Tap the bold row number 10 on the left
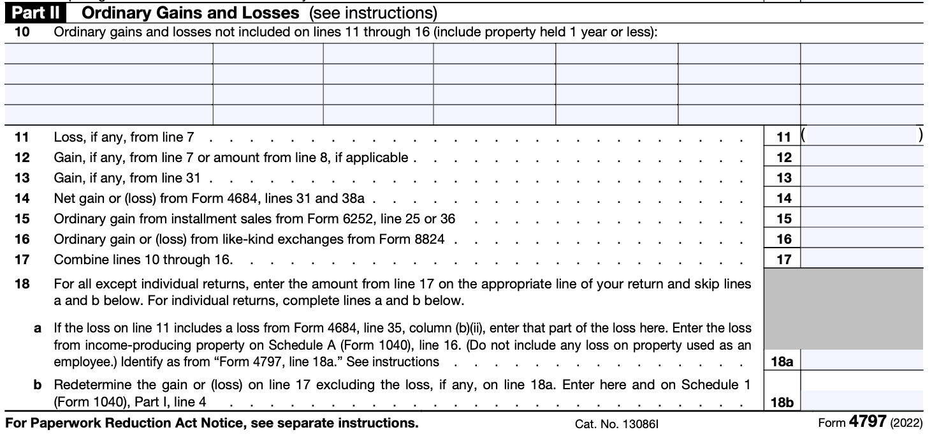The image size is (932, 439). click(21, 32)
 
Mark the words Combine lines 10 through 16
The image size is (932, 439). click(143, 260)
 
